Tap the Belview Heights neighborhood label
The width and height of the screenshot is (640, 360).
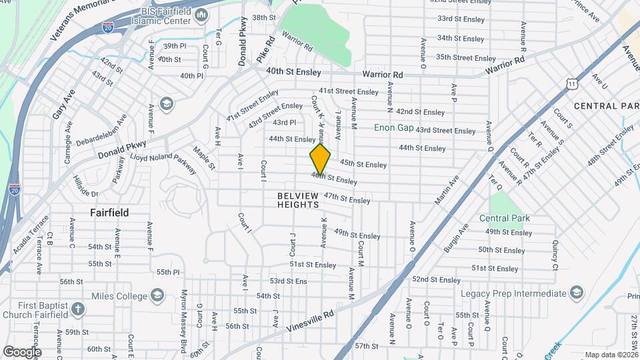coord(298,200)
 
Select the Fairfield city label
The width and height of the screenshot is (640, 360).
coord(109,213)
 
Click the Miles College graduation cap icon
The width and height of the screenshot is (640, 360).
coord(157,294)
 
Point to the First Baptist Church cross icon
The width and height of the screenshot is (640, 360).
coord(78,309)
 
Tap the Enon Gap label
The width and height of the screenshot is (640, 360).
coord(393,127)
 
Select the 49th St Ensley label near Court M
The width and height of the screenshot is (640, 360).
coord(357,235)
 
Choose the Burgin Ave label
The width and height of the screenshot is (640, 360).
coord(457,237)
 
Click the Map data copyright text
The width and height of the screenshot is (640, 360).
coord(612,355)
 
